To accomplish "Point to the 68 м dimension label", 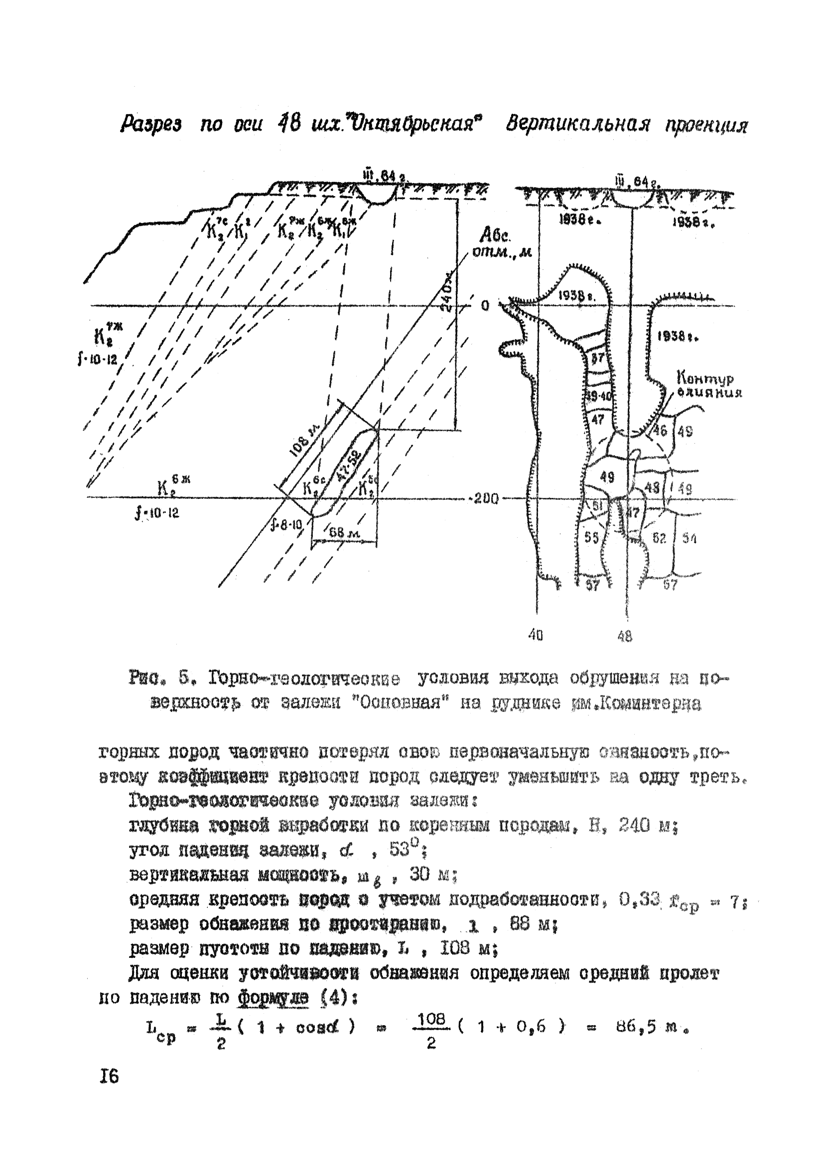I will [x=344, y=533].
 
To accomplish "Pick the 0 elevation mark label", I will [x=485, y=306].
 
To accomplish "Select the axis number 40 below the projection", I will [x=536, y=636].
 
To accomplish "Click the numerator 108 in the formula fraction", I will [x=431, y=1019].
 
